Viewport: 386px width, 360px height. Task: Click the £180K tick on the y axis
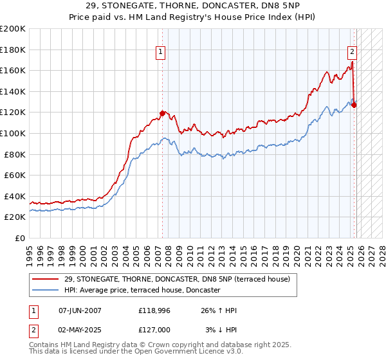[14, 50]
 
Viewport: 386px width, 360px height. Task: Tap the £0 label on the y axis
[21, 238]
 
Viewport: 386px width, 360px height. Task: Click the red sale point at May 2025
[354, 105]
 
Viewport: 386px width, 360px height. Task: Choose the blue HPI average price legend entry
[142, 291]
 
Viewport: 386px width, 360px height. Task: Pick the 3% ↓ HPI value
[221, 330]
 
